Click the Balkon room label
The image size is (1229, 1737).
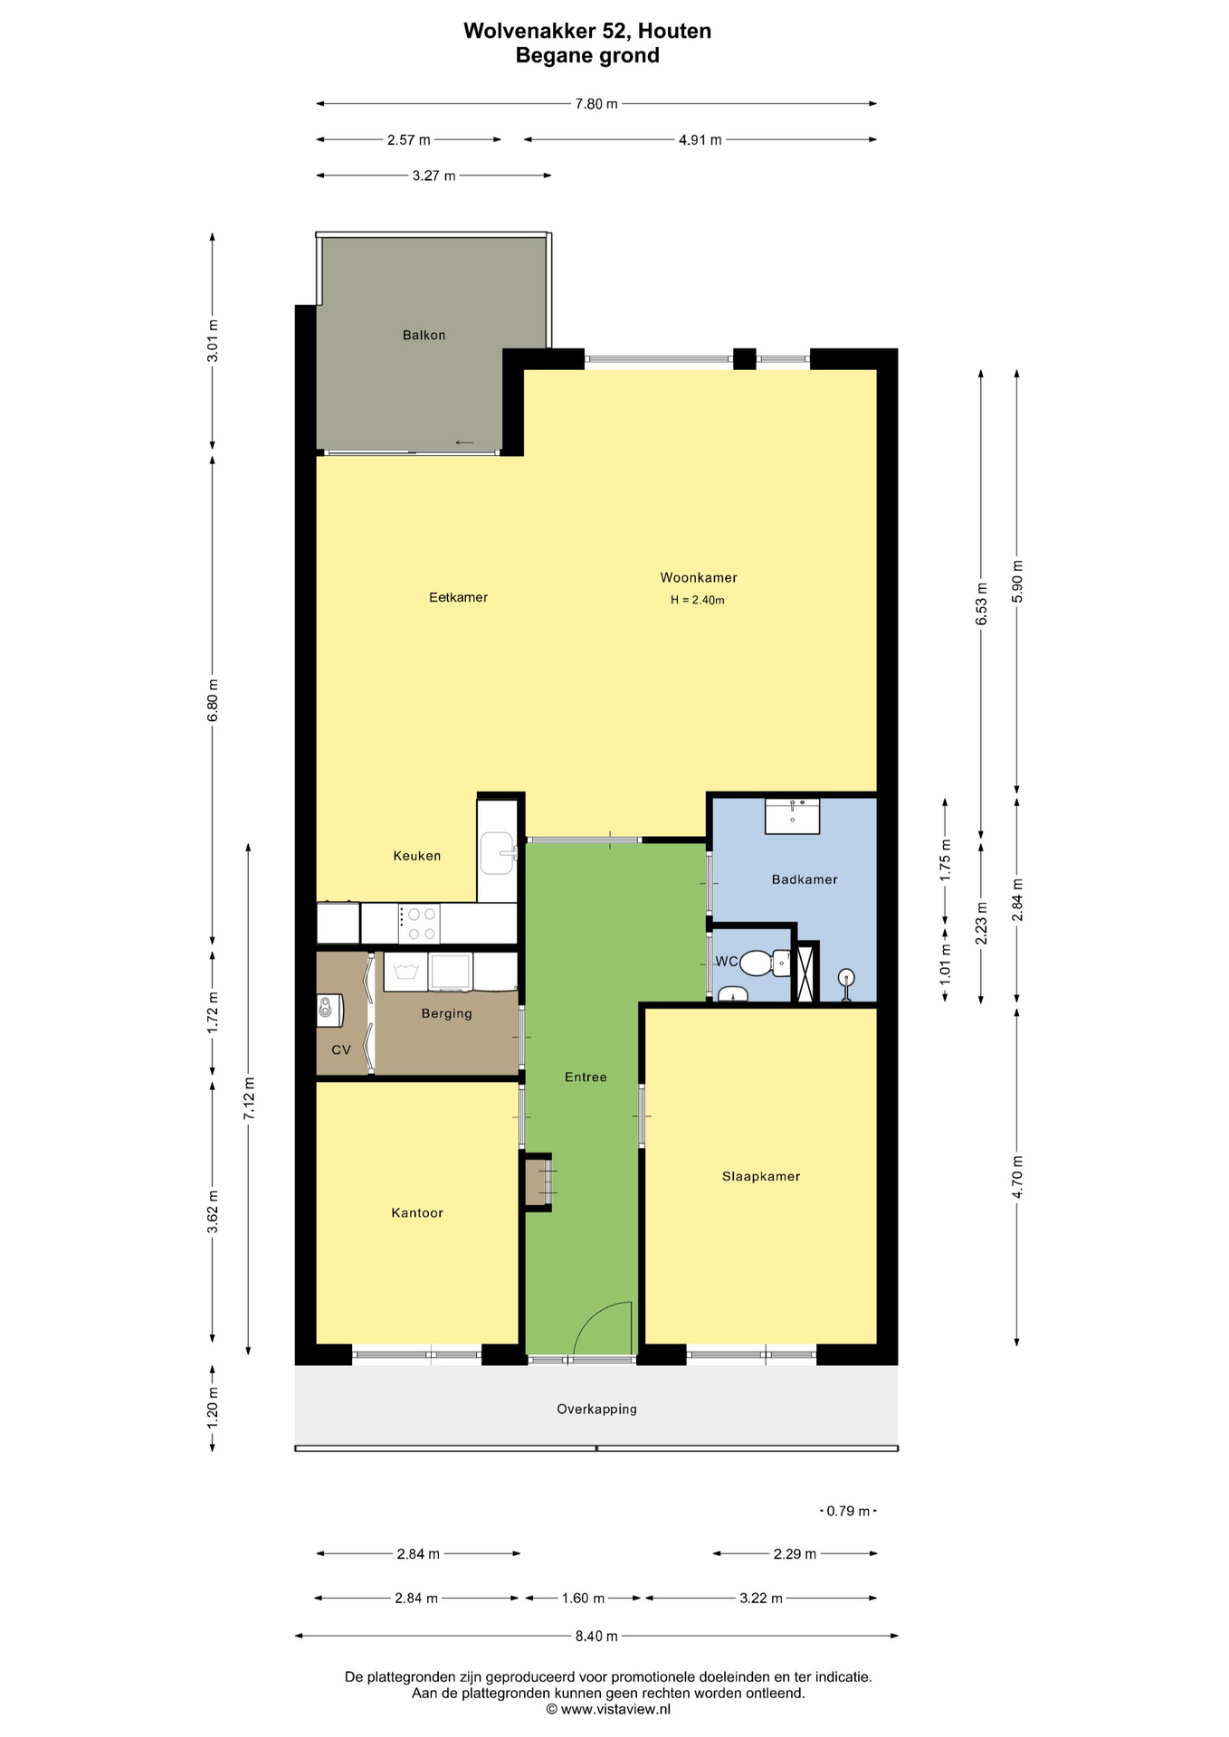424,335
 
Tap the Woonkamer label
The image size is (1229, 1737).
698,577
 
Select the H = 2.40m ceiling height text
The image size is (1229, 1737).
697,600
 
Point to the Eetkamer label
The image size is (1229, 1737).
458,597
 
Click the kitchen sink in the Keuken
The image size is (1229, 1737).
497,853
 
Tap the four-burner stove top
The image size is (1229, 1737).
419,924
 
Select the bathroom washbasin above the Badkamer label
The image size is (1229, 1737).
792,816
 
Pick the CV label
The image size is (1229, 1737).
341,1049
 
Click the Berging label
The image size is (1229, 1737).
446,1013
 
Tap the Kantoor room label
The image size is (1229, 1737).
417,1212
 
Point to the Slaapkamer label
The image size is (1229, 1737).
761,1176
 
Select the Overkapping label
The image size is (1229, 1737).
596,1409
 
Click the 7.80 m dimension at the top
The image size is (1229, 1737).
596,104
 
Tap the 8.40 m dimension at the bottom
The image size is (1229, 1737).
596,1636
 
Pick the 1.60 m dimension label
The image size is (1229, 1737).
583,1598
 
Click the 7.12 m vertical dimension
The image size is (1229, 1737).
249,1099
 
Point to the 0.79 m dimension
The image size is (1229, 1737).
848,1511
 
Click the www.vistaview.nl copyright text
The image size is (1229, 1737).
608,1709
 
